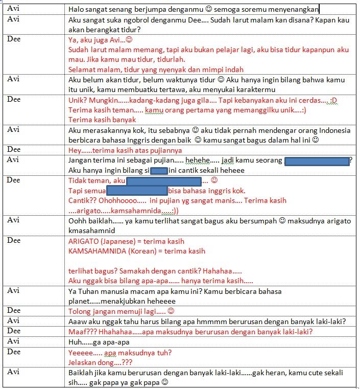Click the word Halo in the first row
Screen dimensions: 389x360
(x=76, y=9)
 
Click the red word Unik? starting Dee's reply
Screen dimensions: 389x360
(x=78, y=100)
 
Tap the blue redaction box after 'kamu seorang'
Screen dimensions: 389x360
(x=317, y=161)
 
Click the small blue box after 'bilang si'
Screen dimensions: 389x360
(x=160, y=171)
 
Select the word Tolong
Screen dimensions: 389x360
(x=80, y=311)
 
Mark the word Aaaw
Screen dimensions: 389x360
(x=78, y=321)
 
